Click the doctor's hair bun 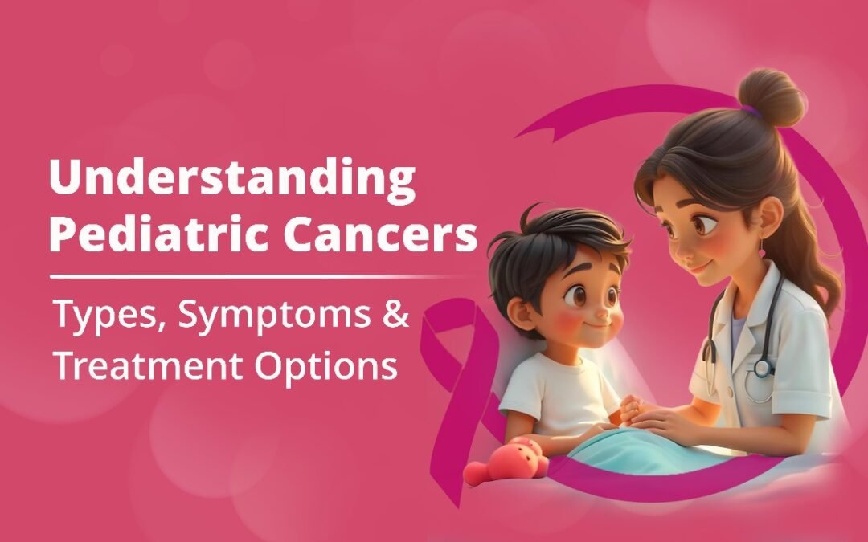[x=771, y=97]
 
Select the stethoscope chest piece [x=762, y=367]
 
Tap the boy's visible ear [x=520, y=313]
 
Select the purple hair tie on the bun [x=751, y=111]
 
